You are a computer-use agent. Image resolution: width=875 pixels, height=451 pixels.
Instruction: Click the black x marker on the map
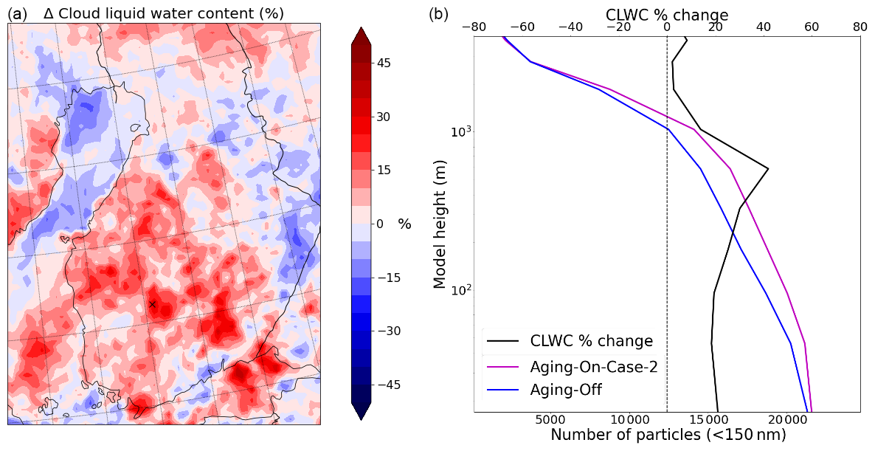[x=153, y=304]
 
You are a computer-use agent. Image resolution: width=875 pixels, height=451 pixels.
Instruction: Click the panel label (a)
[x=18, y=13]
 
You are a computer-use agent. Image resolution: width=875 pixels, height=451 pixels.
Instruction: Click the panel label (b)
[x=438, y=13]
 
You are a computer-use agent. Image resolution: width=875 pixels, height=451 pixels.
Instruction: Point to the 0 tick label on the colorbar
[x=380, y=224]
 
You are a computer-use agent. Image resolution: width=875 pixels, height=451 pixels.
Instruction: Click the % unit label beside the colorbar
[x=404, y=224]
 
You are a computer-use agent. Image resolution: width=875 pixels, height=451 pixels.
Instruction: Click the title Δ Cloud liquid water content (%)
[x=164, y=13]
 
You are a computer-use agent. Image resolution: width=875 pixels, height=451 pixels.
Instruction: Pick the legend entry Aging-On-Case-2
[x=593, y=366]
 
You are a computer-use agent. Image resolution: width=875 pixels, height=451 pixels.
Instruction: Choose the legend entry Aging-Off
[x=570, y=390]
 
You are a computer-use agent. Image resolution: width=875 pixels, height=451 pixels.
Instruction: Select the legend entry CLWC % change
[x=591, y=341]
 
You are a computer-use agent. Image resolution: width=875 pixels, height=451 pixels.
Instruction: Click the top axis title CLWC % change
[x=667, y=14]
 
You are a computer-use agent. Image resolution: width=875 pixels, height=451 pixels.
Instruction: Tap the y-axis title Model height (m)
[x=440, y=227]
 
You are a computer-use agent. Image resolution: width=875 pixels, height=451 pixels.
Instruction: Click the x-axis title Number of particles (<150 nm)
[x=668, y=435]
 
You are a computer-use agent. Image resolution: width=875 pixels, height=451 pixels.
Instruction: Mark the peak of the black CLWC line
[x=768, y=169]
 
